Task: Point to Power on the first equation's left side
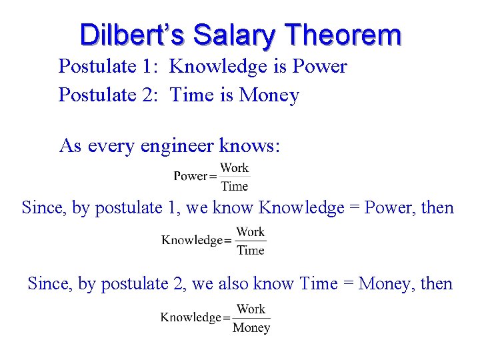coord(191,176)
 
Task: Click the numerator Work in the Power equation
coord(234,168)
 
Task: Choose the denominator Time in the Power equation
coord(234,186)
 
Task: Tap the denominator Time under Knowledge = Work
coord(251,250)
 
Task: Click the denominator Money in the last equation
coord(251,327)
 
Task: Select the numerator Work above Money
coord(251,309)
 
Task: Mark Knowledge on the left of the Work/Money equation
coord(191,318)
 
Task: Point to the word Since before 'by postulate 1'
coord(45,208)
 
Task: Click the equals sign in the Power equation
coord(213,177)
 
